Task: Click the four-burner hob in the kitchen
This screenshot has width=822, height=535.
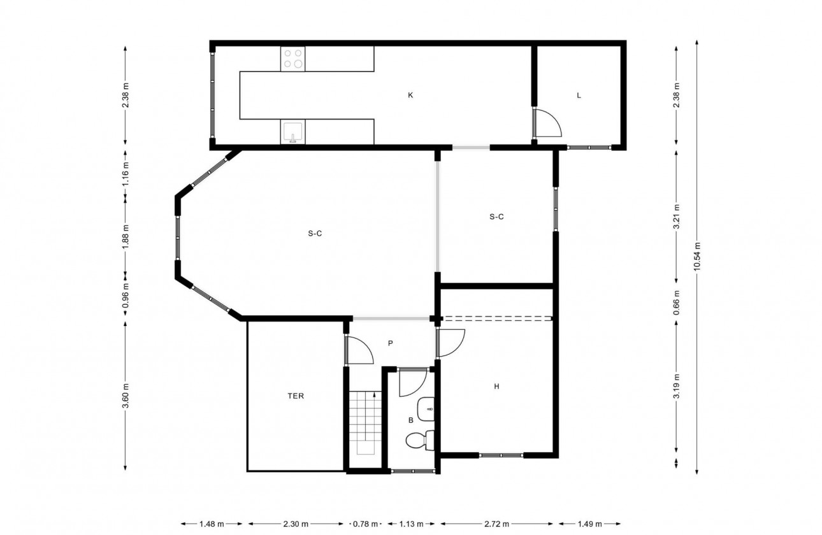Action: point(293,59)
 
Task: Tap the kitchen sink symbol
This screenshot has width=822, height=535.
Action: point(293,133)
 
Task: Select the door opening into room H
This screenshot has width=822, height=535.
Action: point(451,343)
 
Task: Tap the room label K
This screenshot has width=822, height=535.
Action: point(410,96)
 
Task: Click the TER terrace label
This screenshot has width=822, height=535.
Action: point(296,396)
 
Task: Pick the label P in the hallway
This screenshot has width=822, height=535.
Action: point(390,343)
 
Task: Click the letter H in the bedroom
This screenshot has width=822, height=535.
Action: point(496,386)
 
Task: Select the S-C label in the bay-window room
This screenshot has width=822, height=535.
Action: point(315,233)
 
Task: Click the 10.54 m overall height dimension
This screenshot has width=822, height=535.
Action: point(698,257)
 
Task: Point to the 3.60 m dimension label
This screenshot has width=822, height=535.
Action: point(126,396)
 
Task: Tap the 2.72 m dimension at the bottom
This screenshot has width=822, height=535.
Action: point(496,524)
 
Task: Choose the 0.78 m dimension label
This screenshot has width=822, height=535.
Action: point(366,524)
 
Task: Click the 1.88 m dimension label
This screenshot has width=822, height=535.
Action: point(126,236)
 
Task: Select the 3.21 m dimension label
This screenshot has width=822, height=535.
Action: point(676,216)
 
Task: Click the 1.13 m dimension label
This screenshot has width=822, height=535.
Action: point(412,524)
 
